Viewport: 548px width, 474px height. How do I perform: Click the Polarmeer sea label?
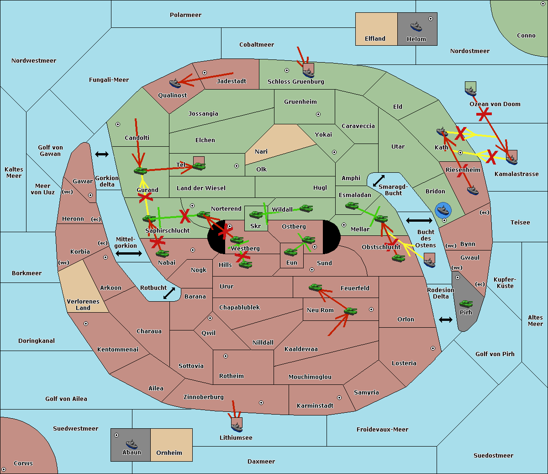click(185, 15)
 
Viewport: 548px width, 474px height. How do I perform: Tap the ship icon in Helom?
click(416, 27)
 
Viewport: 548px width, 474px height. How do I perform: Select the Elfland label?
click(375, 39)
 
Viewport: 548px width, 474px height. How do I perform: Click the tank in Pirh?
click(466, 304)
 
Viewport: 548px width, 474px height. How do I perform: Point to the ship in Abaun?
click(132, 444)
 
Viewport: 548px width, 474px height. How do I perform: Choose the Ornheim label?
click(169, 453)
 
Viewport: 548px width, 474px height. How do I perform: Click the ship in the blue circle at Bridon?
click(443, 210)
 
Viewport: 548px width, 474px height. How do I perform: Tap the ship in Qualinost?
click(175, 83)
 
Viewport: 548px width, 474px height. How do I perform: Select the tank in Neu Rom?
click(350, 311)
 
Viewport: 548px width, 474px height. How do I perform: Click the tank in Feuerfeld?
click(315, 288)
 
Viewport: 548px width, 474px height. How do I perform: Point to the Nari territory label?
click(261, 152)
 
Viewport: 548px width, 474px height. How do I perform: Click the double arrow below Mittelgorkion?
click(128, 253)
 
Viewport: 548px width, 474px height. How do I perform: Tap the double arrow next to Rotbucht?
click(169, 293)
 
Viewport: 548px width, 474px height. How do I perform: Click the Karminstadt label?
click(315, 406)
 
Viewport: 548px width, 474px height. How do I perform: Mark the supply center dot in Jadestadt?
click(205, 73)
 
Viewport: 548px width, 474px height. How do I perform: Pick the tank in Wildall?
click(306, 208)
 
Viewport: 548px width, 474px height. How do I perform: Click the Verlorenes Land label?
click(83, 304)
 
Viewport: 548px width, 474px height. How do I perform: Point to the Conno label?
click(526, 36)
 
